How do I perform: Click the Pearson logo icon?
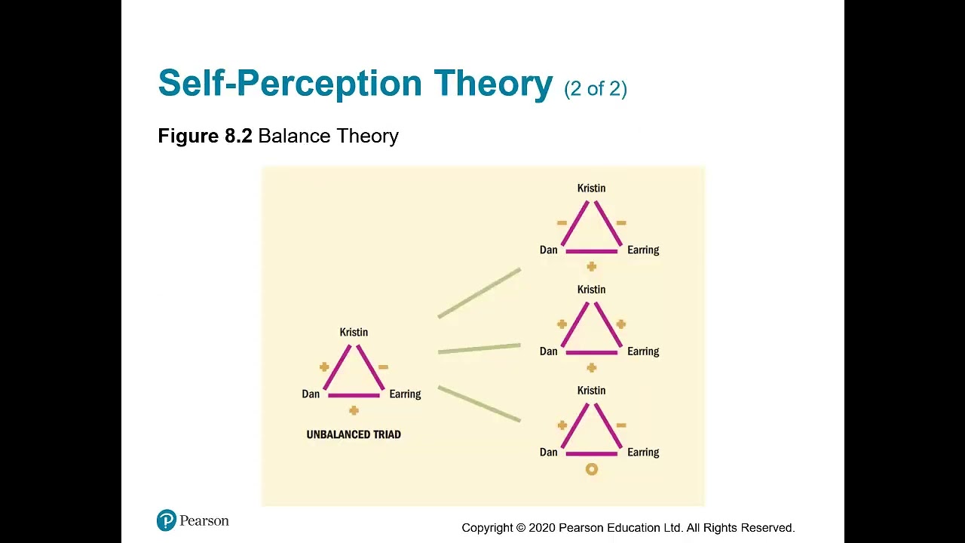click(167, 520)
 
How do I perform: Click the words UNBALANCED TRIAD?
click(354, 434)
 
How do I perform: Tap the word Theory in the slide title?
click(493, 83)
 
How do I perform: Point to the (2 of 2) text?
click(596, 89)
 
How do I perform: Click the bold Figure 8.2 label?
click(205, 136)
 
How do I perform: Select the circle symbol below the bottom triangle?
click(592, 469)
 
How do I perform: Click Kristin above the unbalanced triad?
click(354, 332)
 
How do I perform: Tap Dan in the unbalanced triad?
click(311, 394)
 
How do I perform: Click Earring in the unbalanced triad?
click(405, 394)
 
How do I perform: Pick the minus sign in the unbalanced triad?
click(383, 367)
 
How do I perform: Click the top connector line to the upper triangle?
click(479, 293)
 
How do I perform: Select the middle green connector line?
click(479, 348)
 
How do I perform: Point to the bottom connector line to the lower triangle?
click(479, 403)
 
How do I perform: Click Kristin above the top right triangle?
click(591, 188)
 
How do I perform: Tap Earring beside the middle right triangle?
click(643, 351)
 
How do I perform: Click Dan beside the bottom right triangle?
click(549, 452)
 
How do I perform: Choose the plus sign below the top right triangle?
click(592, 266)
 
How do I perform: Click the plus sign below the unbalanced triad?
click(354, 410)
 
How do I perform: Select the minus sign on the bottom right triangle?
click(621, 425)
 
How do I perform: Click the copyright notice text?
click(628, 528)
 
